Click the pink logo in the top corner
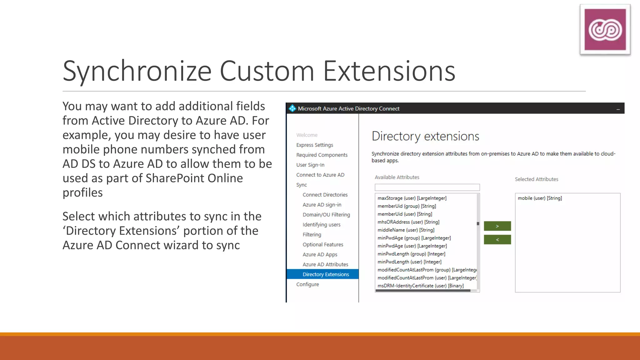(x=605, y=30)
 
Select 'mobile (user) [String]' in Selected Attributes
(x=540, y=198)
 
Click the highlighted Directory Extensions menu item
(x=325, y=274)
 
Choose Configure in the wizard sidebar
(x=307, y=284)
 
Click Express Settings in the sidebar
(x=314, y=145)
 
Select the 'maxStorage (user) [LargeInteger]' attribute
(x=412, y=198)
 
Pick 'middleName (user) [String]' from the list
(x=406, y=230)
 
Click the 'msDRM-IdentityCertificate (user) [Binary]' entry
(x=420, y=286)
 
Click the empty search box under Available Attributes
(x=427, y=187)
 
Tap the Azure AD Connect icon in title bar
(x=292, y=108)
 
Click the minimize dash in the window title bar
(x=618, y=109)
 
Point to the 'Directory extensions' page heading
(x=425, y=136)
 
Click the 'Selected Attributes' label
(x=536, y=179)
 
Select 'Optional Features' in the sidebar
(x=322, y=245)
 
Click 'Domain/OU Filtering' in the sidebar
(x=326, y=215)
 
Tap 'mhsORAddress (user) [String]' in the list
(x=408, y=222)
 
